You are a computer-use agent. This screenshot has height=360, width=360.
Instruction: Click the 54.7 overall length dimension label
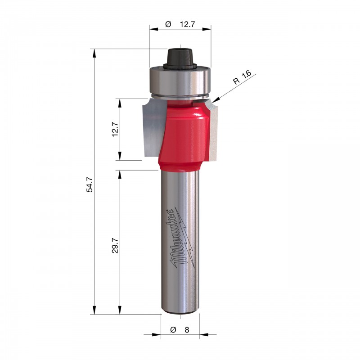[x=90, y=184]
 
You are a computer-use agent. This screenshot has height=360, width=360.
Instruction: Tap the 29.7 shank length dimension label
[x=115, y=245]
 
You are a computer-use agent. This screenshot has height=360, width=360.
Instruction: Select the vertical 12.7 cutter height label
[x=115, y=130]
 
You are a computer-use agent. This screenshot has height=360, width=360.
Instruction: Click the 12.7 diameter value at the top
[x=187, y=24]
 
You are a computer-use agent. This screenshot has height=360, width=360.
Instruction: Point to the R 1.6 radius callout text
[x=242, y=77]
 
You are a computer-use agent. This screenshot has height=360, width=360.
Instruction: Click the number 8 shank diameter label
[x=187, y=330]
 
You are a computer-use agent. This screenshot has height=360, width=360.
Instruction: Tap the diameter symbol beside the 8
[x=173, y=330]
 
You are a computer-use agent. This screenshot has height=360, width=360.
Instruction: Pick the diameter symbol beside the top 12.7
[x=168, y=24]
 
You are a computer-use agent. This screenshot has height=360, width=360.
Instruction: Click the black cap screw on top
[x=180, y=58]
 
